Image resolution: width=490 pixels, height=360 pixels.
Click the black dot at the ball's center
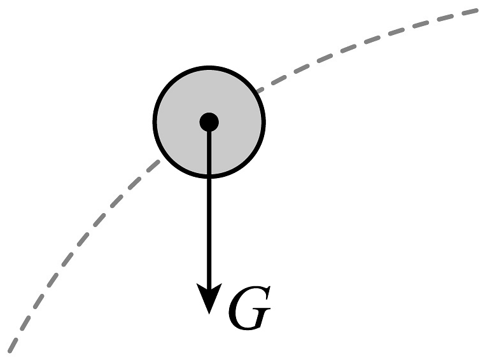(x=209, y=121)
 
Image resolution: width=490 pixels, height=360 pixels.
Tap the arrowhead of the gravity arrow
(x=209, y=296)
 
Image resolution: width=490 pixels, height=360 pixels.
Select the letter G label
(x=249, y=308)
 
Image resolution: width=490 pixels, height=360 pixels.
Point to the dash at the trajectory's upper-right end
(x=470, y=12)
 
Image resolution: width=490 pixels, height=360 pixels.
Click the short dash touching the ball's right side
(x=260, y=90)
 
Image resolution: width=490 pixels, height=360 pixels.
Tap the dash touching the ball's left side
(x=153, y=166)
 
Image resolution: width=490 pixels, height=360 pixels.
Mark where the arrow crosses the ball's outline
(x=209, y=176)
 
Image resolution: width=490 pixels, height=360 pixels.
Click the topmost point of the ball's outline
(x=209, y=67)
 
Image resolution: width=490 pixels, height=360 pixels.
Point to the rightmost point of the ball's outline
(x=264, y=121)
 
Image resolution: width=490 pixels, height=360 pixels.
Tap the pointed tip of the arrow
(x=209, y=314)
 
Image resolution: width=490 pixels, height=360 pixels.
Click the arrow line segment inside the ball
(x=209, y=153)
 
